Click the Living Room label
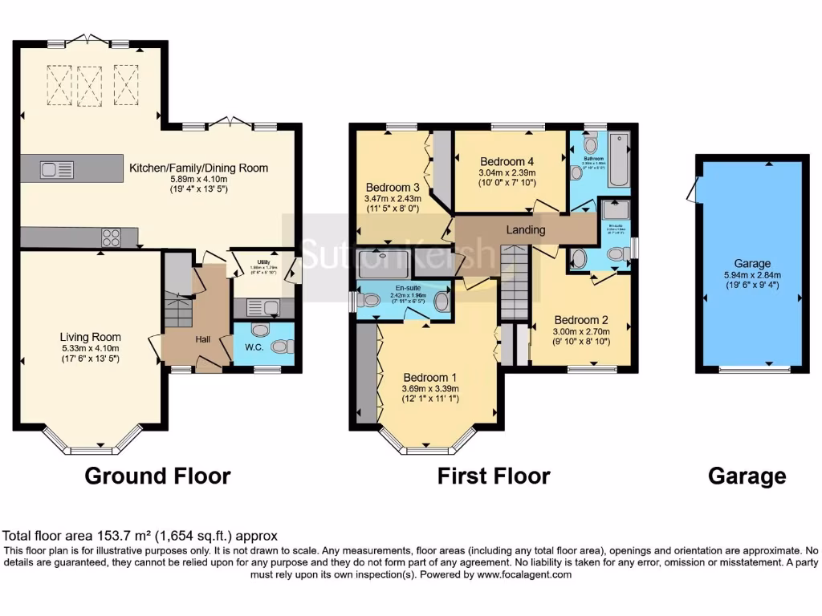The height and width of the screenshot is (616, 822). [x=90, y=337]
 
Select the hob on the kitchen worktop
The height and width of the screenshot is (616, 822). [x=110, y=237]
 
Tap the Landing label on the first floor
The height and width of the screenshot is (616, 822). [x=526, y=230]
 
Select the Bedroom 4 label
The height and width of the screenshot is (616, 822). [x=507, y=160]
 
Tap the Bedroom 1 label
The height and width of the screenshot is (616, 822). [x=430, y=378]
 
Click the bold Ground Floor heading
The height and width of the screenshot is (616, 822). [x=157, y=476]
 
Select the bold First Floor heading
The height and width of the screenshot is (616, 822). [x=494, y=476]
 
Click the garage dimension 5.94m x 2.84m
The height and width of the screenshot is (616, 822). [x=751, y=274]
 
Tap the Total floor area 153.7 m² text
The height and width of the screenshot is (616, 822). [x=141, y=536]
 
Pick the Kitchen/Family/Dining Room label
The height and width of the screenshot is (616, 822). [x=198, y=168]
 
